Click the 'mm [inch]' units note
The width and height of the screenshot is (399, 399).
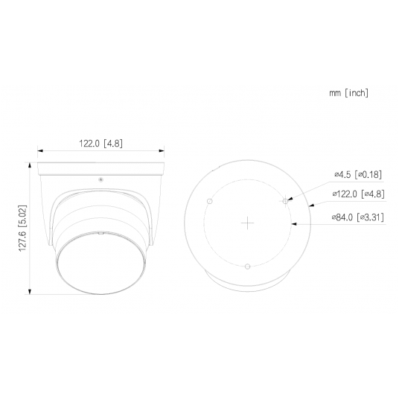(348, 94)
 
